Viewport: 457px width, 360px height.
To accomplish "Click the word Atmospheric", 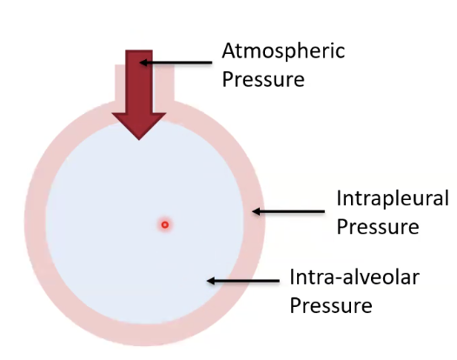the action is (283, 52).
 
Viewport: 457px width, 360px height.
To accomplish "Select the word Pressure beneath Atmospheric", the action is (263, 79).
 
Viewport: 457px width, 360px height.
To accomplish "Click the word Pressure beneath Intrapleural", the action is (378, 227).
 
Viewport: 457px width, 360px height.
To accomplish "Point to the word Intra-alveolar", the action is (354, 277).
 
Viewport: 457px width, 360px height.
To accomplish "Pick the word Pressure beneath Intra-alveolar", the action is (331, 305).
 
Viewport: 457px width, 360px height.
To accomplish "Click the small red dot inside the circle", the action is (165, 224).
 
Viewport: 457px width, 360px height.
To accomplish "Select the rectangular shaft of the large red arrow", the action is (139, 82).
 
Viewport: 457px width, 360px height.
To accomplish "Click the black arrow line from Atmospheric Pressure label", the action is (176, 63).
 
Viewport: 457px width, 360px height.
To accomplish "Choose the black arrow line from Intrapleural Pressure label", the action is (288, 211).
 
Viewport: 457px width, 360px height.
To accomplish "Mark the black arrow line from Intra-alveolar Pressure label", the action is (243, 281).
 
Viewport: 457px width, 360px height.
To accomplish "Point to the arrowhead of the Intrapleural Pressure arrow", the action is (256, 211).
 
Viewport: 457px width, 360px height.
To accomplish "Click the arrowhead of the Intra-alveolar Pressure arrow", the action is (210, 281).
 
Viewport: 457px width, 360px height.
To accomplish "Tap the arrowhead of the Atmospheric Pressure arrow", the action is (143, 63).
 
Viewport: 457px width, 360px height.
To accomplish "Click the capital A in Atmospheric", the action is (228, 50).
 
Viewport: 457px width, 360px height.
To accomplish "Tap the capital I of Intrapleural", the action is (339, 198).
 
